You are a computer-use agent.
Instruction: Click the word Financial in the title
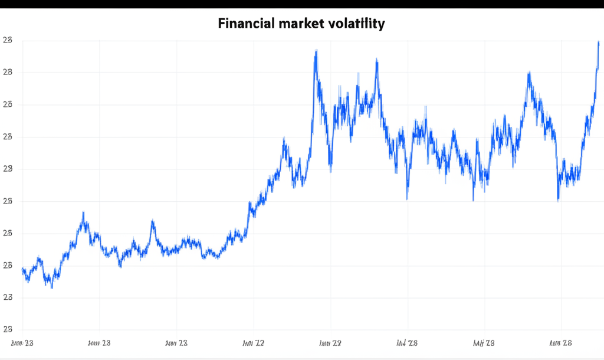[x=243, y=24]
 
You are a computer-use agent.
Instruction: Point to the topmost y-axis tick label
[x=8, y=40]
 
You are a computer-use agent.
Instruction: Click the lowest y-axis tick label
[x=8, y=330]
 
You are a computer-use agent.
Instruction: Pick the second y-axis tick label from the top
[x=8, y=73]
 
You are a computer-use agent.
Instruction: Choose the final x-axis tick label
[x=561, y=343]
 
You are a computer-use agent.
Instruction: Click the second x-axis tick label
[x=99, y=343]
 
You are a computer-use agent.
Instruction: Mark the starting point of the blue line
[x=22, y=269]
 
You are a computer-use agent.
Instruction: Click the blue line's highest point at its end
[x=598, y=42]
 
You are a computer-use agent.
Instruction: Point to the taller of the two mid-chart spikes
[x=316, y=51]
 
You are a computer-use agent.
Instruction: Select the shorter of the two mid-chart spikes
[x=376, y=60]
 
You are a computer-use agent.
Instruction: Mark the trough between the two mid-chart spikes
[x=330, y=171]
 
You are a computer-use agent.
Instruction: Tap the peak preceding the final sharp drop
[x=529, y=73]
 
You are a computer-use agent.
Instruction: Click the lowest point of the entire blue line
[x=52, y=287]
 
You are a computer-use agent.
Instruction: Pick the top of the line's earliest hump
[x=83, y=213]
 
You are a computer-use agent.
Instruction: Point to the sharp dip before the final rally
[x=558, y=201]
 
